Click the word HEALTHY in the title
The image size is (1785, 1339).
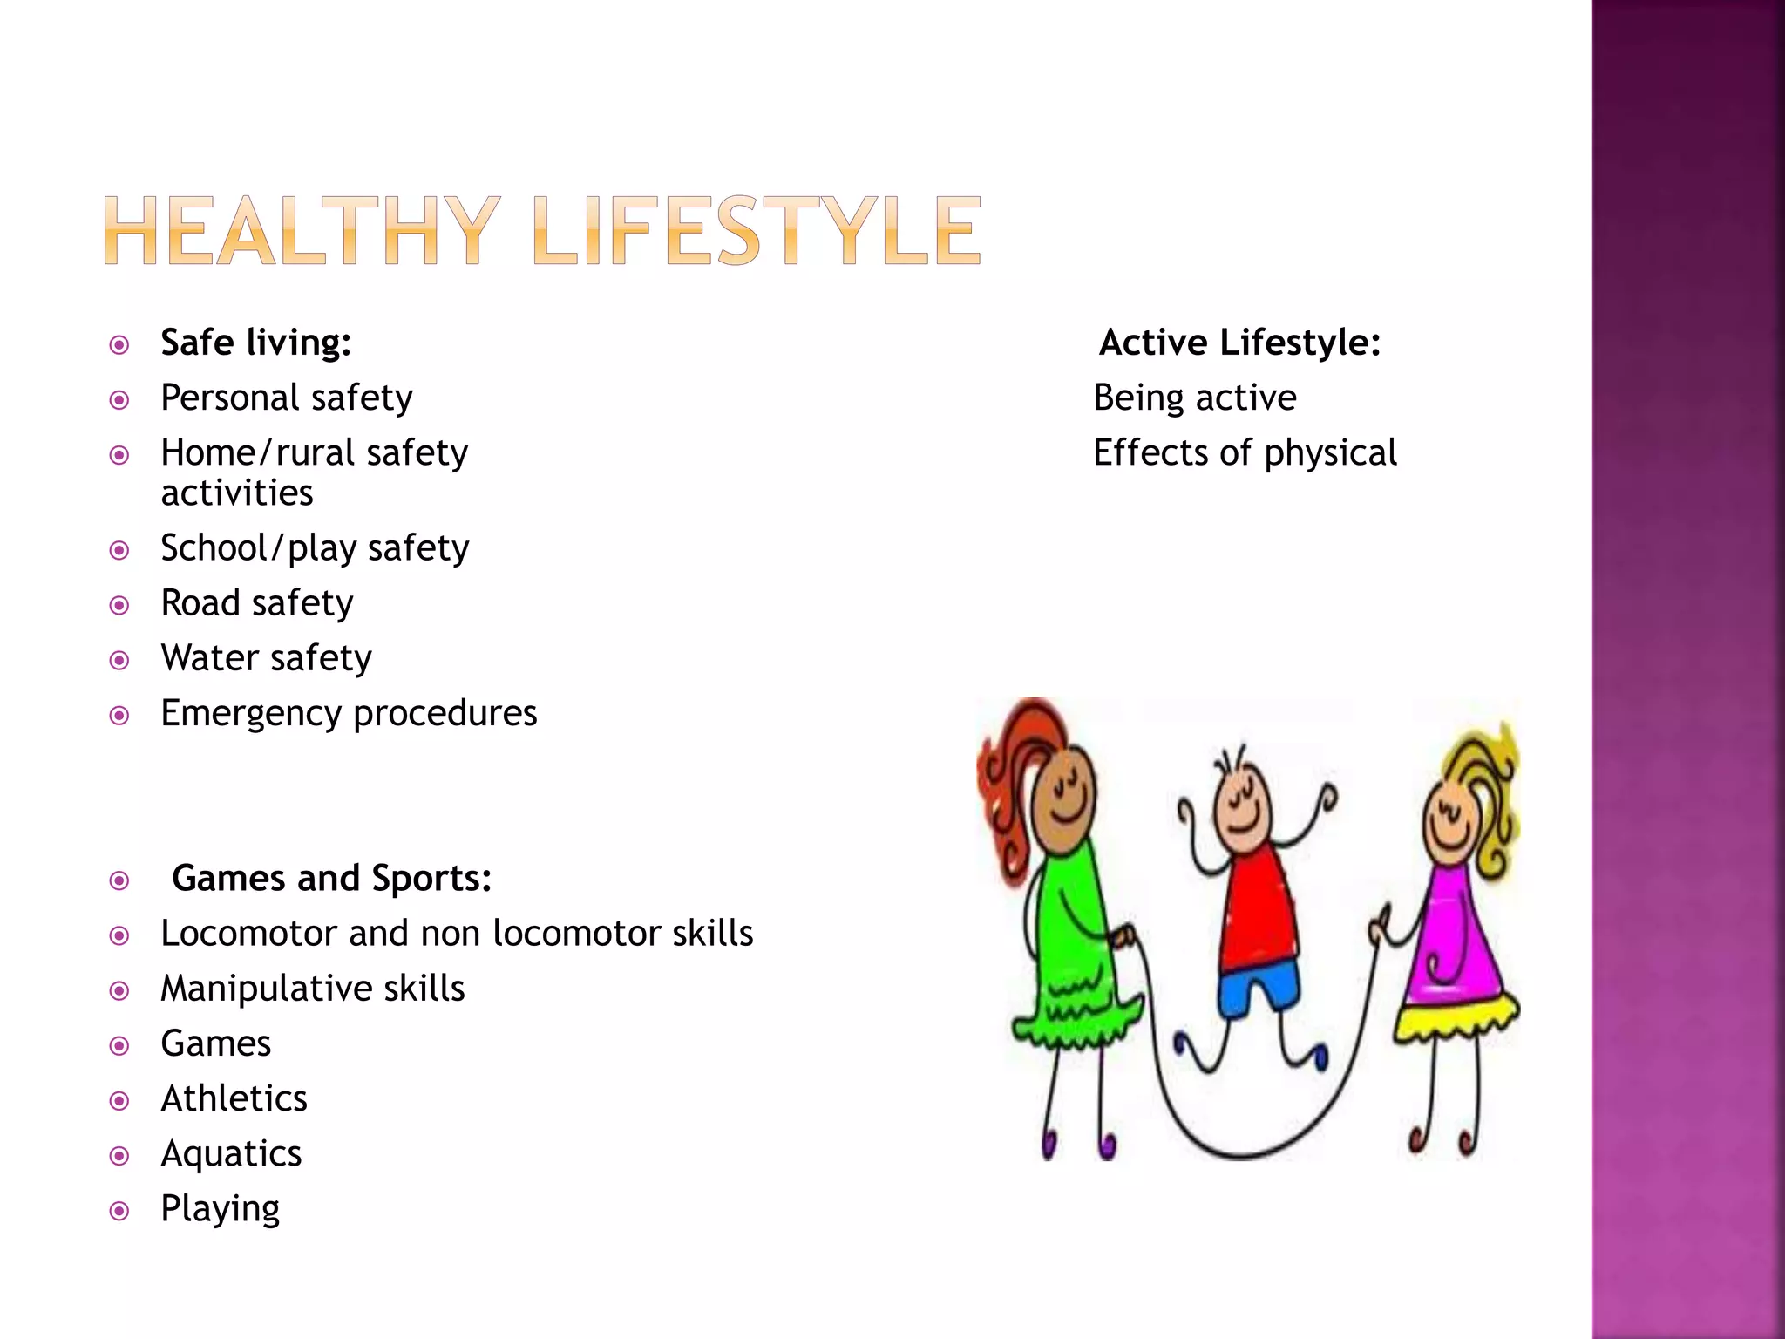point(302,231)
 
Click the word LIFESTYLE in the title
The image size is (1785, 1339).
point(756,231)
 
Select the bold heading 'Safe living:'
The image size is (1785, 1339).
point(256,343)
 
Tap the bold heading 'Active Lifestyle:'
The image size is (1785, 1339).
point(1239,343)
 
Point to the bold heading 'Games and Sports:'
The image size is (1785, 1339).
point(331,878)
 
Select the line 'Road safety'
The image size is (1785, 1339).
point(257,603)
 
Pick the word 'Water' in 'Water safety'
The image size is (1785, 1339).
point(206,658)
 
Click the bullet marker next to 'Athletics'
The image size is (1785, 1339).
point(119,1101)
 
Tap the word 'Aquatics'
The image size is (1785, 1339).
point(231,1153)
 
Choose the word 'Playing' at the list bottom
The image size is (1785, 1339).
point(220,1209)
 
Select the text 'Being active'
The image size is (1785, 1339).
point(1195,398)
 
